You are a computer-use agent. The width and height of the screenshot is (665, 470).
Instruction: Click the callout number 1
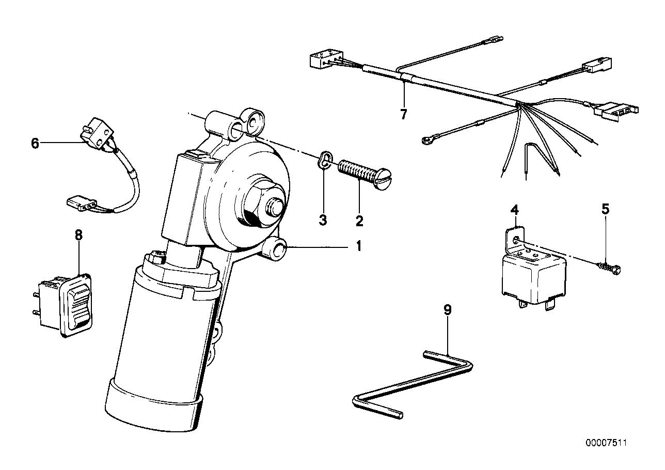pyautogui.click(x=357, y=246)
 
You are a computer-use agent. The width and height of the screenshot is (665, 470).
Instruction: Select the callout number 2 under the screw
pyautogui.click(x=359, y=221)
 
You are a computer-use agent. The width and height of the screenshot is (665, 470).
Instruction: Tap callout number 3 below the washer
pyautogui.click(x=323, y=221)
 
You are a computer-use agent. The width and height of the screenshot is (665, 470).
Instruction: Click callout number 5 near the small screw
pyautogui.click(x=606, y=209)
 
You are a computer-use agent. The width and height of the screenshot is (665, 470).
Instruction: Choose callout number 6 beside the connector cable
pyautogui.click(x=35, y=143)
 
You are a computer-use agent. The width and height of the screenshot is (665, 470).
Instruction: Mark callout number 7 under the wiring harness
pyautogui.click(x=403, y=114)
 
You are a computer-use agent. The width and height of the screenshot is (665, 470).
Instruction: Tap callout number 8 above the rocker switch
pyautogui.click(x=78, y=236)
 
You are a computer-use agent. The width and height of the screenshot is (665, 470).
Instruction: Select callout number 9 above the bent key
pyautogui.click(x=448, y=310)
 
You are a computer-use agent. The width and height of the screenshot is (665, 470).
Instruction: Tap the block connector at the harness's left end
pyautogui.click(x=324, y=60)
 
